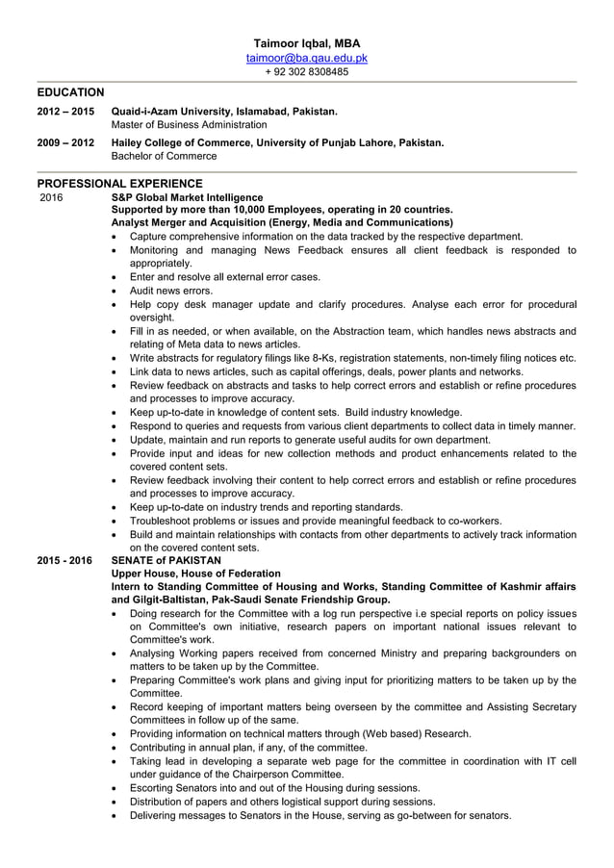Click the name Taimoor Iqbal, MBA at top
(x=306, y=44)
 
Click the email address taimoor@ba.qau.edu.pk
(x=306, y=58)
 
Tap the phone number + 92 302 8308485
(x=306, y=71)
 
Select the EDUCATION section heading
(x=70, y=92)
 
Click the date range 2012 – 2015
(x=66, y=112)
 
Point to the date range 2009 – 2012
(x=66, y=142)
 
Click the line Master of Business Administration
(x=190, y=125)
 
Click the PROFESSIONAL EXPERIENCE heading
(x=119, y=183)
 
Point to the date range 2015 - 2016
(x=66, y=560)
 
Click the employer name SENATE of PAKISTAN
(x=166, y=560)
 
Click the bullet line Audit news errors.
(x=171, y=290)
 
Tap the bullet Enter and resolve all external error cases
(x=224, y=276)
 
